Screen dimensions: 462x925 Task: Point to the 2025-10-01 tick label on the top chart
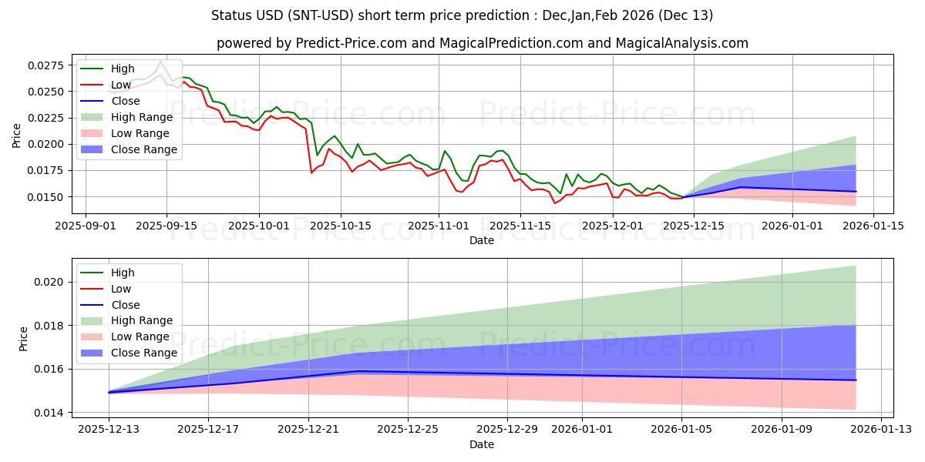[259, 226]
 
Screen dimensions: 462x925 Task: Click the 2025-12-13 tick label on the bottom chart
[109, 429]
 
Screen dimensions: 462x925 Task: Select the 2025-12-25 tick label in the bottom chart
[407, 429]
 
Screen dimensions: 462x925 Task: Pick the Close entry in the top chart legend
[126, 101]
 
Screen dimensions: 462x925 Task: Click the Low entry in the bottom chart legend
[121, 289]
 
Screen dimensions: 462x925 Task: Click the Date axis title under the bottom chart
[482, 444]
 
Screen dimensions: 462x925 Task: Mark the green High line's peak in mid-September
[160, 61]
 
